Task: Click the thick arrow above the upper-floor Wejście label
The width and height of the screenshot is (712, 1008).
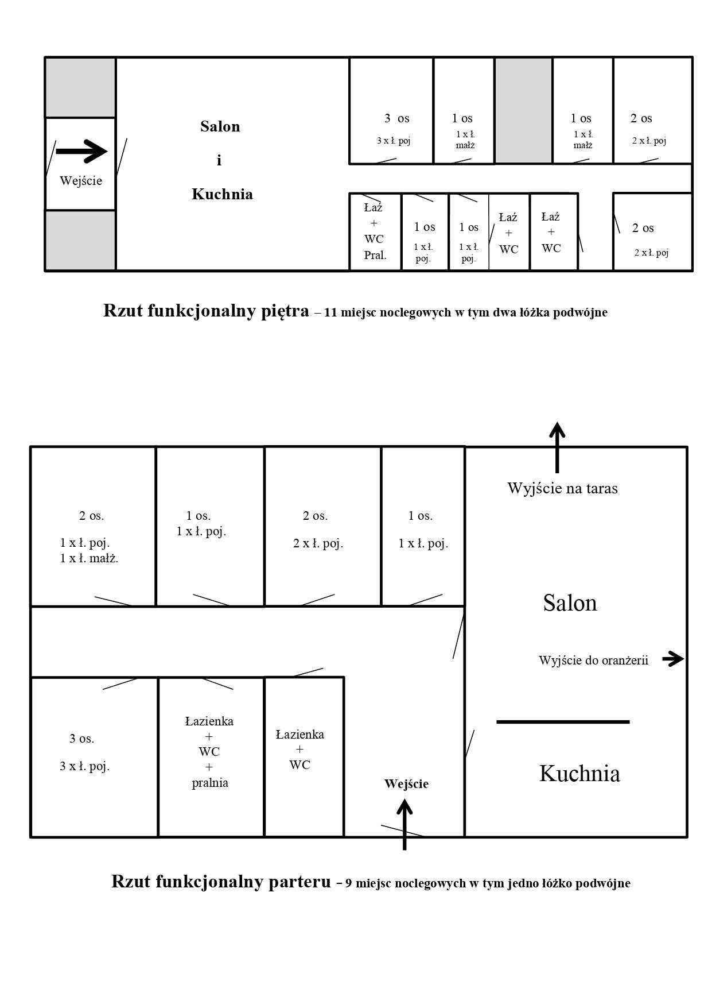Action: coord(81,151)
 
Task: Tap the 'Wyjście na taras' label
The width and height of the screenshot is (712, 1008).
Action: coord(562,489)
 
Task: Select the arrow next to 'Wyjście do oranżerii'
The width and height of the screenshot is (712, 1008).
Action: coord(673,659)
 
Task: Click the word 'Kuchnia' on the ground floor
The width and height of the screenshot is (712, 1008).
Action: coord(579,774)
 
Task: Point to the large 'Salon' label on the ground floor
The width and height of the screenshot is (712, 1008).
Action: coord(570,603)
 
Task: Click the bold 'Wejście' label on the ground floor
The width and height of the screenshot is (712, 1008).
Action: coord(406,784)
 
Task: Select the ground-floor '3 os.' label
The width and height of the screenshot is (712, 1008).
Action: coord(82,739)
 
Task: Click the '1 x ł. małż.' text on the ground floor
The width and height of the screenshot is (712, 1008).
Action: coord(89,558)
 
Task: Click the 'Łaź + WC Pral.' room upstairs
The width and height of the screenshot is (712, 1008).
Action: coord(375,231)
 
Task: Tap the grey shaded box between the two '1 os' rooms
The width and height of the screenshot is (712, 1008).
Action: coord(523,110)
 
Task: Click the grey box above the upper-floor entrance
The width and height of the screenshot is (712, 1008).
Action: coord(80,87)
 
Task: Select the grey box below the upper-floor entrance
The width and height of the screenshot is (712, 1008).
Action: coord(80,240)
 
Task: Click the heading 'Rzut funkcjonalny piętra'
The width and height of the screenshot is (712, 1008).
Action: coord(206,311)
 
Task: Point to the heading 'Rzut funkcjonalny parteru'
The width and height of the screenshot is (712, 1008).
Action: coord(221,881)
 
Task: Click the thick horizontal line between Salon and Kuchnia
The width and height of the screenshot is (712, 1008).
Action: coord(563,722)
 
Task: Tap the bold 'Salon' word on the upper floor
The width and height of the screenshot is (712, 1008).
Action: coord(220,126)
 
